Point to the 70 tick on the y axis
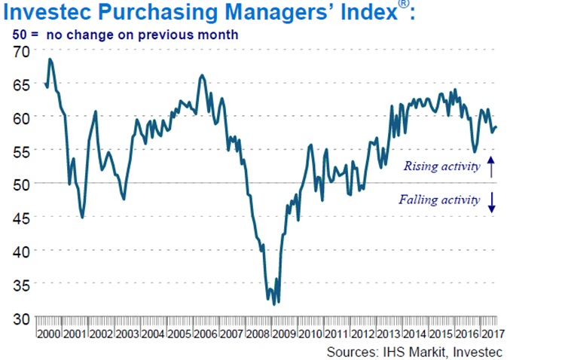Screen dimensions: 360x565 24,50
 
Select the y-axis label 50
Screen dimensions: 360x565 24,184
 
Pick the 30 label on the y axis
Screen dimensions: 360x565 24,317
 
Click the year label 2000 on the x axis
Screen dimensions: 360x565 49,333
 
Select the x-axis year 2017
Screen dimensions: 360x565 493,333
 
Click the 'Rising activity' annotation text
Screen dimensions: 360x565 441,166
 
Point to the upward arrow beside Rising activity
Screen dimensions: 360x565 491,165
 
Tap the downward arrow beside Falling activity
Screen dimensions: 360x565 491,202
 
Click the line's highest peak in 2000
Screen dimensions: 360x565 50,59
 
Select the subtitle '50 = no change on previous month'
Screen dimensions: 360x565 125,34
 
